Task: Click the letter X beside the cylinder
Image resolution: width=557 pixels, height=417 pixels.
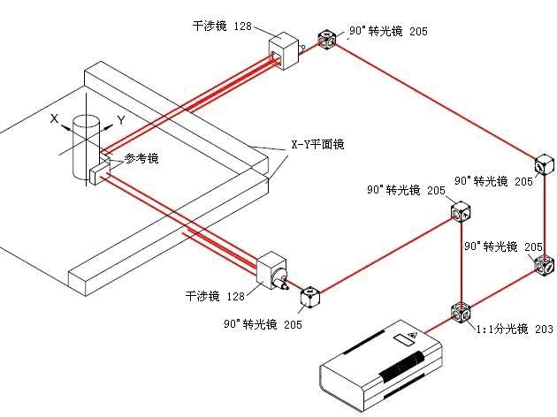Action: [x=54, y=117]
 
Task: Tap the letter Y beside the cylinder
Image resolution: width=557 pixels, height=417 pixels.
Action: [x=120, y=118]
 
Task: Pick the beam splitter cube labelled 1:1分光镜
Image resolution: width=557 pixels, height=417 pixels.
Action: [x=462, y=314]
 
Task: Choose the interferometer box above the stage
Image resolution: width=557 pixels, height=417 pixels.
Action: [x=283, y=50]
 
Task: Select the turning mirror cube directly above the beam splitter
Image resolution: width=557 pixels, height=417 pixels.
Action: [x=462, y=213]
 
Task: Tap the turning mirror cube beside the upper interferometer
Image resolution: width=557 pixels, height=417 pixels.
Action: [x=326, y=41]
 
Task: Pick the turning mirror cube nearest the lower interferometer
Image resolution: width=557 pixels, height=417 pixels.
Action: [x=310, y=298]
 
